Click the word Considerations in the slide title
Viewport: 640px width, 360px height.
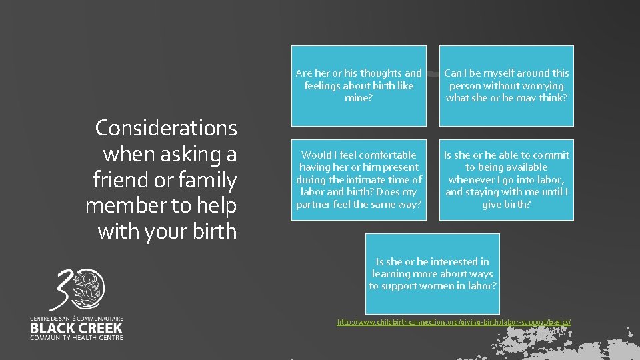(x=166, y=127)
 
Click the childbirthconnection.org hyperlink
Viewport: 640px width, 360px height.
(x=453, y=323)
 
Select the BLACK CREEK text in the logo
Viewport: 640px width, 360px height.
(x=76, y=328)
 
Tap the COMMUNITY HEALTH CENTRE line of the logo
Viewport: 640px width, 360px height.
(x=76, y=338)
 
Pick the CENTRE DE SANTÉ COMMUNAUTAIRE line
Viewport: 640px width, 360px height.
(x=76, y=319)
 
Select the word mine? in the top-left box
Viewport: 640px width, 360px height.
(x=359, y=98)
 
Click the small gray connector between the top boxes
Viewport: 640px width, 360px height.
(x=433, y=75)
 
